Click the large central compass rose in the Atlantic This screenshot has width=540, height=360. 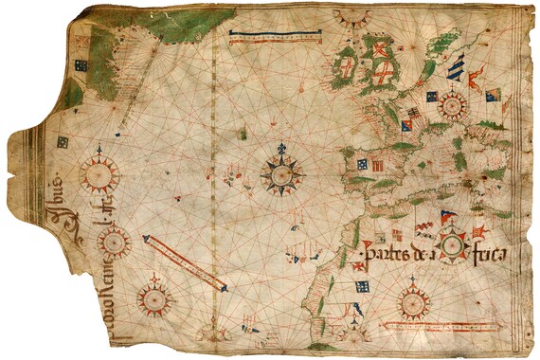282,173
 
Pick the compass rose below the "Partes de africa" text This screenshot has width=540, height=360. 414,302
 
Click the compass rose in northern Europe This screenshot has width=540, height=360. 451,103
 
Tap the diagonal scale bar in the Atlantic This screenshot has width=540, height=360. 186,262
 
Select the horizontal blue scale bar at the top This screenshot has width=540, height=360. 276,38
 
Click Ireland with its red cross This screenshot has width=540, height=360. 346,67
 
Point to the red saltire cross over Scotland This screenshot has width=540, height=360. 381,50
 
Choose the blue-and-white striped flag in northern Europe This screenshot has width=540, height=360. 457,67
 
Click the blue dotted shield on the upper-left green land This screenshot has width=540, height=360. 81,66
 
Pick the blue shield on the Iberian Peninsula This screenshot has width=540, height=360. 361,164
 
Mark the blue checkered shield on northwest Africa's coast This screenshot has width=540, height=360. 362,285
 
